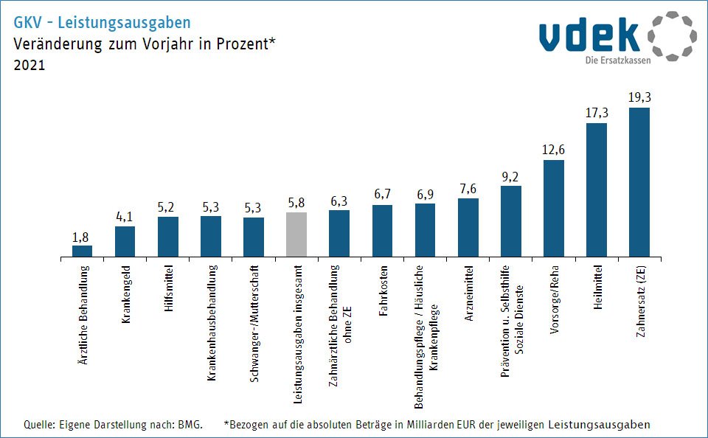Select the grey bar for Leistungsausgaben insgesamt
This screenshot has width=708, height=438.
pos(296,235)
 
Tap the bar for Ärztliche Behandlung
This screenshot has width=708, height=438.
pos(82,251)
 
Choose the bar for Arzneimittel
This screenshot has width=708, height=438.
pos(468,228)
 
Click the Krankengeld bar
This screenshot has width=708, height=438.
pos(125,242)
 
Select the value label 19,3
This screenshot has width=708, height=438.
pos(639,97)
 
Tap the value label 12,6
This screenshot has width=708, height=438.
pos(553,150)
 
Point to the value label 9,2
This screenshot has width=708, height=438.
pos(510,175)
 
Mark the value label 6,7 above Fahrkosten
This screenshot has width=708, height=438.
pos(382,195)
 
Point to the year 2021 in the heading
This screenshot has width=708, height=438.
pos(29,65)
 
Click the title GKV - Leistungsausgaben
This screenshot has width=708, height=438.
pos(102,23)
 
